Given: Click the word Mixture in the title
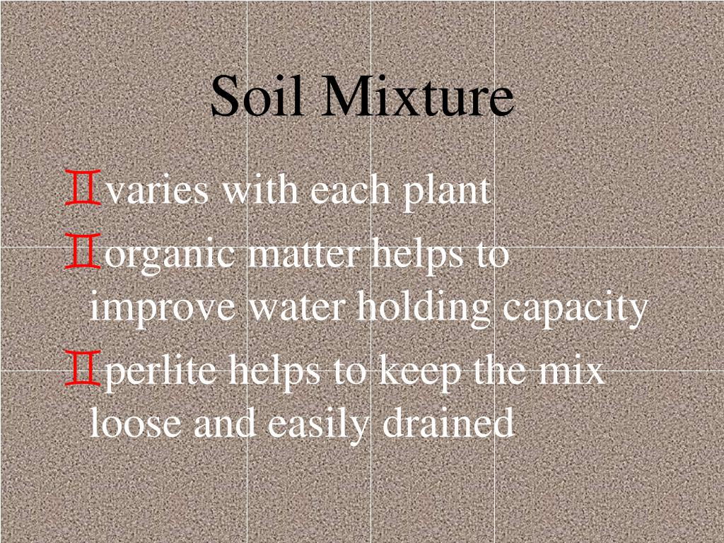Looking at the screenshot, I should pos(416,97).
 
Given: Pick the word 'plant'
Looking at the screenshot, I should pos(447,191).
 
